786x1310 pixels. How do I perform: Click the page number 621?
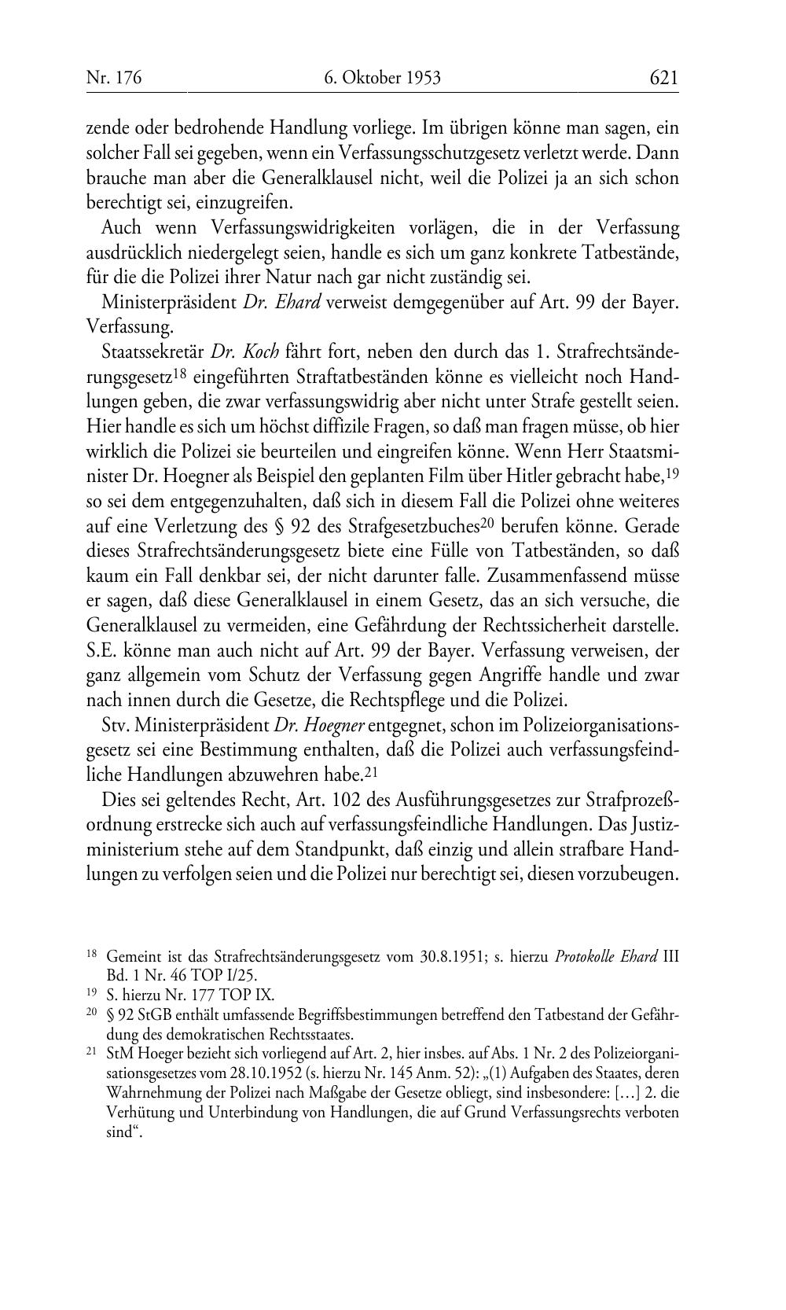(x=663, y=77)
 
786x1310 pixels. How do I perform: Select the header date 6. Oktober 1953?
(x=382, y=77)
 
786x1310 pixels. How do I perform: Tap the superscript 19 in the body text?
(x=672, y=473)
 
